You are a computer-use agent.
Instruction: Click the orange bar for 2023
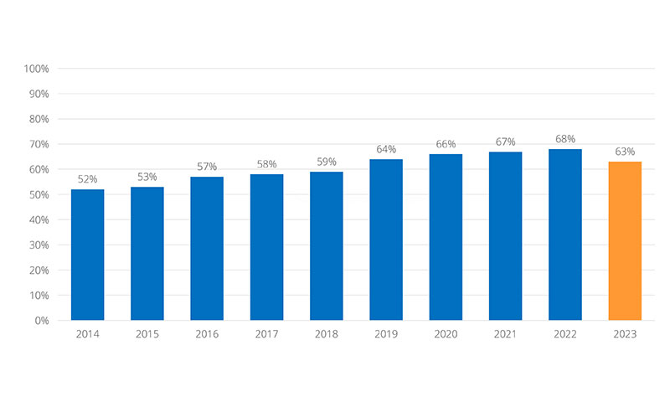625,241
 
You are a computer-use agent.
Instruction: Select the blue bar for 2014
88,255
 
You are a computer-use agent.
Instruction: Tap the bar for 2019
386,240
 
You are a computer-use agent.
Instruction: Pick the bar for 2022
564,234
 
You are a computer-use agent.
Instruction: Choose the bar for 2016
207,249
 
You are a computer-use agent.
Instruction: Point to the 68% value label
564,139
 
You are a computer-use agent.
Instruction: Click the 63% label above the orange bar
625,152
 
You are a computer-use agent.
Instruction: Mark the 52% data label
88,179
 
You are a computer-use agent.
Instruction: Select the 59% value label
327,162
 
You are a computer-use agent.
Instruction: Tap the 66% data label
446,144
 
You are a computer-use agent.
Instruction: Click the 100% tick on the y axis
36,69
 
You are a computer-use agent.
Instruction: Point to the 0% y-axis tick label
42,321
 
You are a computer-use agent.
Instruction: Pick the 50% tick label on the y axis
39,194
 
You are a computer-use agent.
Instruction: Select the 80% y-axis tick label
39,119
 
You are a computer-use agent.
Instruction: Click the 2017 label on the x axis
266,334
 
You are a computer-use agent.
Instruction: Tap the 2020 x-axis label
446,334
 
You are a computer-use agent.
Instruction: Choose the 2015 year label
147,334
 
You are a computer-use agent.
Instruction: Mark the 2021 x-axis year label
505,334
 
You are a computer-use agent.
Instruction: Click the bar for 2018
327,246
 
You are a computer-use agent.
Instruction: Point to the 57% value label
207,166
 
